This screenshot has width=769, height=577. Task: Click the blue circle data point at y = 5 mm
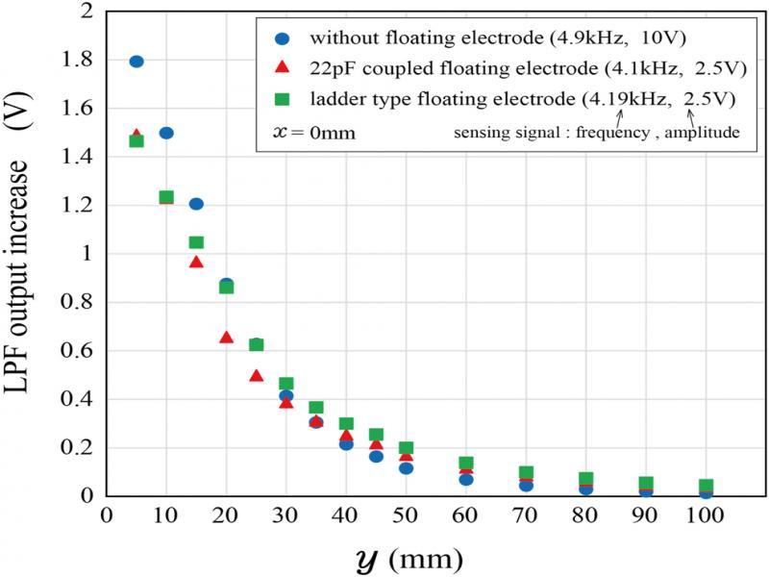click(x=136, y=62)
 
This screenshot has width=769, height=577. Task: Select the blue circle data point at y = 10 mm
click(x=166, y=133)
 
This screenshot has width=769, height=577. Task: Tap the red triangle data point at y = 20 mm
click(x=226, y=337)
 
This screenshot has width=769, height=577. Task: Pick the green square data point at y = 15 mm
click(x=196, y=242)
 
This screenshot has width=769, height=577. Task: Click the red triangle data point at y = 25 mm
click(x=256, y=375)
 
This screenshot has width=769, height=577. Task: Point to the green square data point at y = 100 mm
click(x=706, y=486)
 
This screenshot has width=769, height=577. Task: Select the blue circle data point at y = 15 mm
click(x=196, y=204)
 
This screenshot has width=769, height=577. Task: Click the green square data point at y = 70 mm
click(x=526, y=473)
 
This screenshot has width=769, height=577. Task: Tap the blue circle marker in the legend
click(x=282, y=39)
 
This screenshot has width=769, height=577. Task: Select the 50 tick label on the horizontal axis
click(x=406, y=514)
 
